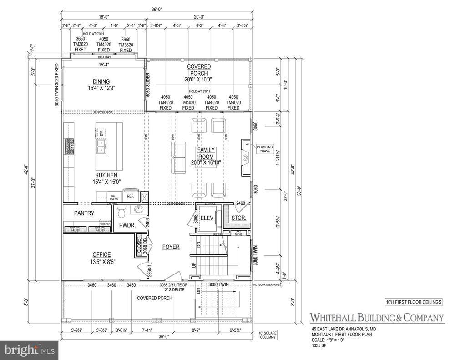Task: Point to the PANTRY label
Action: coord(84,213)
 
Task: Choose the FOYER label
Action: coord(171,247)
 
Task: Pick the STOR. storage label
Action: coord(238,218)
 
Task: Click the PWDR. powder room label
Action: coord(127,225)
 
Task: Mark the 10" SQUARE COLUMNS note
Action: coord(268,335)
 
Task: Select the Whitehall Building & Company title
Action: coord(377,318)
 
